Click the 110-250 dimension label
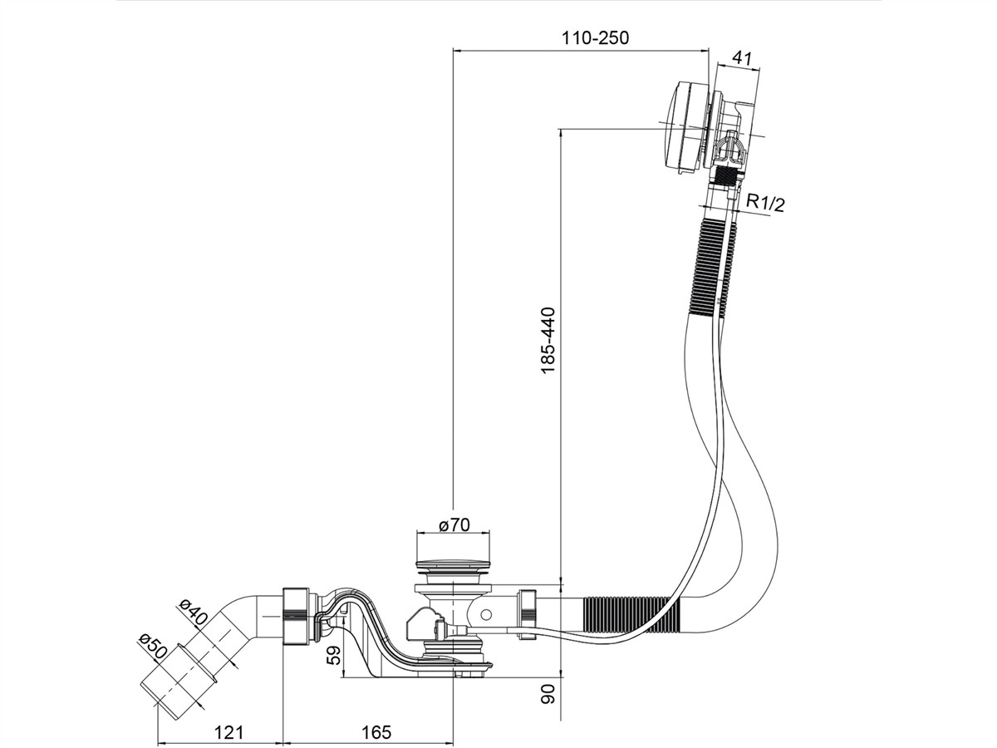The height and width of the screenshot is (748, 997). click(595, 38)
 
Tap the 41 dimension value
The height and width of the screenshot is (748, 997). click(742, 58)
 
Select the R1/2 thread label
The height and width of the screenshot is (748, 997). click(766, 203)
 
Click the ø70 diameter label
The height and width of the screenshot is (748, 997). click(454, 525)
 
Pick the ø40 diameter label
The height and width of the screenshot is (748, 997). click(193, 612)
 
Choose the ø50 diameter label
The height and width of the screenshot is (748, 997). click(153, 647)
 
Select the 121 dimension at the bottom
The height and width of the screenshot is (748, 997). click(229, 732)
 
